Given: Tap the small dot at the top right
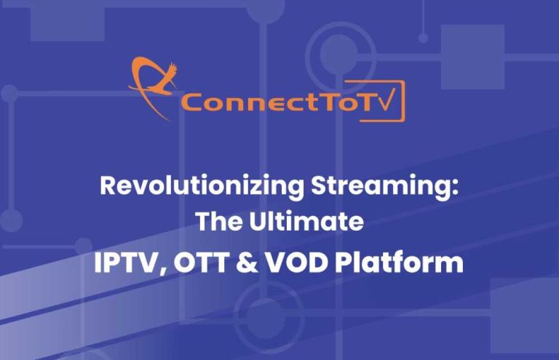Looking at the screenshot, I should [423, 37].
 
